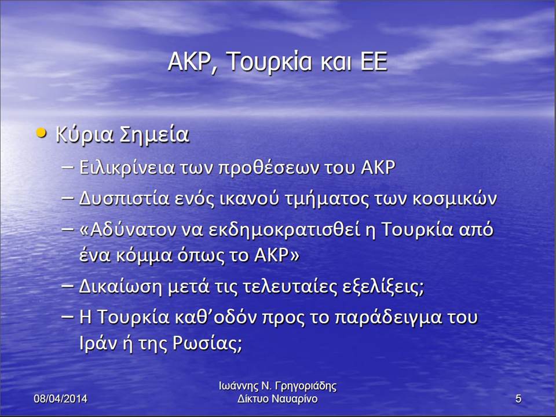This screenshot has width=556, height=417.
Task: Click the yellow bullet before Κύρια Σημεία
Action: pos(42,133)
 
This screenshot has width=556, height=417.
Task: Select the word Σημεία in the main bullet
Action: pos(154,135)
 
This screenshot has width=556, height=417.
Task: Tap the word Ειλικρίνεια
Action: pos(127,168)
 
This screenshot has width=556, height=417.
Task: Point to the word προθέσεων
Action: pos(269,169)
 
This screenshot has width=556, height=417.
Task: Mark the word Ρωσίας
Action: pos(207,343)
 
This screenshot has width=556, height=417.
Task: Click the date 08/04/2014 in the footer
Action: pos(60,398)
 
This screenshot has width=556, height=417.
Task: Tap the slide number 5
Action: pos(518,398)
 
